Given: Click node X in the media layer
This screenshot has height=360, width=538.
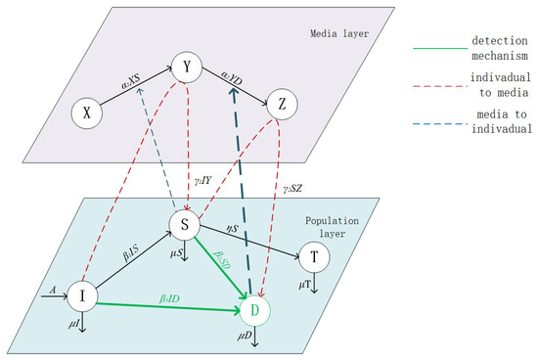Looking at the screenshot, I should [87, 113].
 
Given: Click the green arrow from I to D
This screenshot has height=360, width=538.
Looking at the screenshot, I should [166, 302].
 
